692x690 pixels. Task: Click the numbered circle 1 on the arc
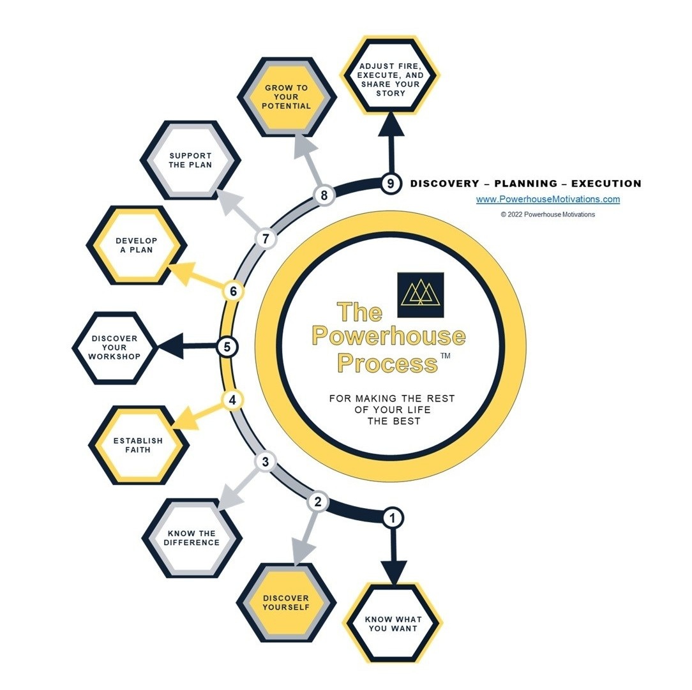point(393,517)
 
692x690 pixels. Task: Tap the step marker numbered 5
point(227,347)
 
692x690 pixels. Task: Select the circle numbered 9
point(391,183)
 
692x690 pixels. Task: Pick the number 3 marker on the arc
point(266,461)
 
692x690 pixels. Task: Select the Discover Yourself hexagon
point(285,603)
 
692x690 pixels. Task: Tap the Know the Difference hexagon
point(191,537)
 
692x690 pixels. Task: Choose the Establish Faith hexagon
point(138,445)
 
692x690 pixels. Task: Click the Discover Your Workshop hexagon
point(114,347)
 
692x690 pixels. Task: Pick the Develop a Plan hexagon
point(136,245)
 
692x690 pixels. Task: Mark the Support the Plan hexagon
point(190,160)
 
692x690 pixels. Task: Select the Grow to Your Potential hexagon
point(287,96)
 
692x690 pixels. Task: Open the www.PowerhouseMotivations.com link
point(548,199)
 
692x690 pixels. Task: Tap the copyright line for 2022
point(548,214)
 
